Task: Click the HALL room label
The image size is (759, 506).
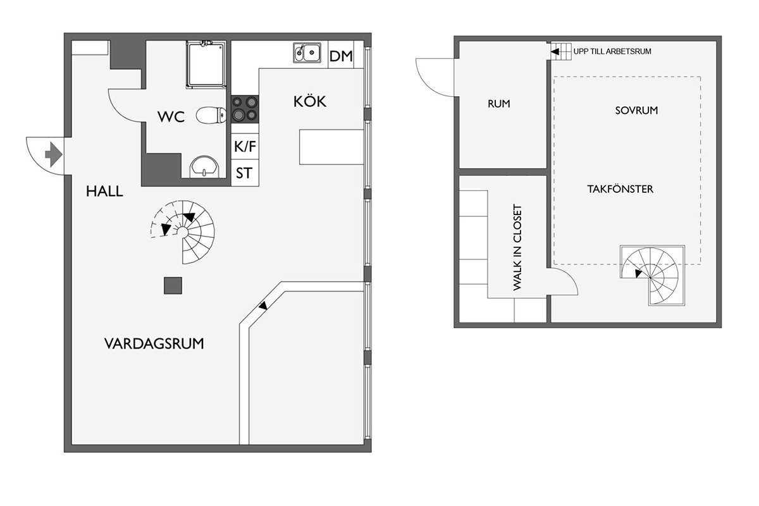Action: tap(104, 192)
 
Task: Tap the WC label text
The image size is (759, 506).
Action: tap(171, 116)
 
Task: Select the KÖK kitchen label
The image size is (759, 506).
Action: tap(310, 101)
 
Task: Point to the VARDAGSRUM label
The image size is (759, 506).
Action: tap(154, 343)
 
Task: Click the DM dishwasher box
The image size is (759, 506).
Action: tap(341, 55)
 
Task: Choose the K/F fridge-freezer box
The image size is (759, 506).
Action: tap(245, 146)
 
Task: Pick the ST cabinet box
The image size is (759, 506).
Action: tap(245, 173)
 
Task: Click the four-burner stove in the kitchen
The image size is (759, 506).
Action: tap(245, 109)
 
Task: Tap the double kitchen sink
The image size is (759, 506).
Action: tap(307, 52)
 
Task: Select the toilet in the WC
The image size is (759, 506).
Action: tap(211, 115)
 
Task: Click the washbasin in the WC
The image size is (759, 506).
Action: tap(204, 167)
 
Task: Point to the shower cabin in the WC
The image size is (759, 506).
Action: tap(206, 65)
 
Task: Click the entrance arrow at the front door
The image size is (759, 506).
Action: tap(54, 154)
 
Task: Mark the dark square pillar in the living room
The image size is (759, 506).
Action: tap(173, 285)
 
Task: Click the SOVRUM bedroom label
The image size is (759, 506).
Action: tap(636, 111)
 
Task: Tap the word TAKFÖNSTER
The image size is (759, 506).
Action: tap(620, 189)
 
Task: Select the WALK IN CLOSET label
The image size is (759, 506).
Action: tap(517, 247)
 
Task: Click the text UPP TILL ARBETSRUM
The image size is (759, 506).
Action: tap(612, 51)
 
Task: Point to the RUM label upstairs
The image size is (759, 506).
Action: tap(499, 104)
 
